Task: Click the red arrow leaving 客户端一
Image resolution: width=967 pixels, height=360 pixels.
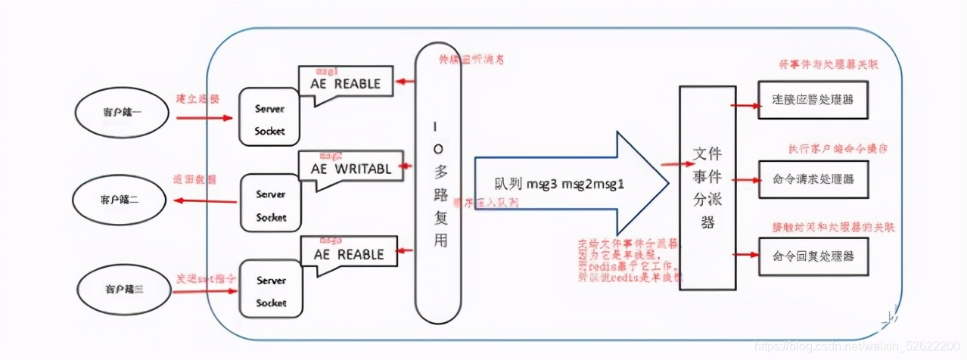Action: click(x=204, y=118)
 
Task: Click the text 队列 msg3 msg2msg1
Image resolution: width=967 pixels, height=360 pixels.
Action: click(x=558, y=183)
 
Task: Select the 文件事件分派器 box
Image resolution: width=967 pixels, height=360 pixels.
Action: click(x=707, y=188)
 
